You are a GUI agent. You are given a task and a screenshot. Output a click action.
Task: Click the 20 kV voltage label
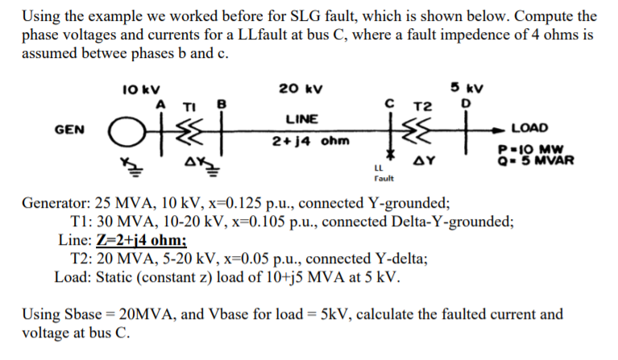[x=301, y=88]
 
